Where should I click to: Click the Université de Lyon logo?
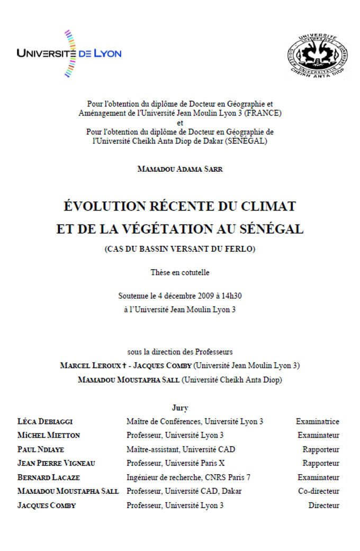(x=69, y=53)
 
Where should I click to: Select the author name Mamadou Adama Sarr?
(x=179, y=169)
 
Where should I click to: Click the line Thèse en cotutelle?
(x=180, y=272)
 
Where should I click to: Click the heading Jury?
(x=180, y=408)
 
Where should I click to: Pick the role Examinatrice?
(x=317, y=422)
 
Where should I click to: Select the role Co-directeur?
(x=318, y=491)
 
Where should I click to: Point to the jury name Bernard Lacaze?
(x=48, y=477)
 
